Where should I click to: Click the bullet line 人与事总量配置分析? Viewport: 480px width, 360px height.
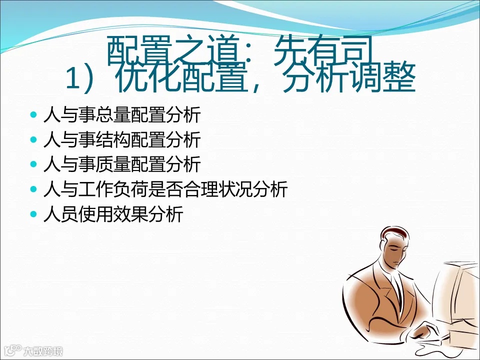pos(122,115)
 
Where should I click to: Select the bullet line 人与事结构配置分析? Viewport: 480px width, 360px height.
pos(122,140)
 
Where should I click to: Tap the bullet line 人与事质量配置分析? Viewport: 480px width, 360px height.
pos(122,164)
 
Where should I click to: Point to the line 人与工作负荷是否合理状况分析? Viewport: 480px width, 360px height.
pos(165,189)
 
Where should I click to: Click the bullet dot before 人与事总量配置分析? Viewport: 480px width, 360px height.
pos(33,115)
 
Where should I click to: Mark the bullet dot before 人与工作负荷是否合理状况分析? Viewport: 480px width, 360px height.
pos(33,189)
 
